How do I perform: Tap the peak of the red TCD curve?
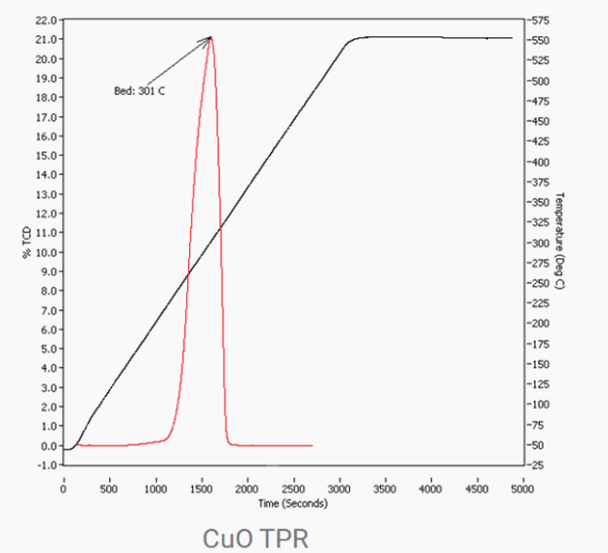[x=209, y=38]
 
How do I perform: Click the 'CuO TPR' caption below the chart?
[x=255, y=537]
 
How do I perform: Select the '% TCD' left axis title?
[x=27, y=241]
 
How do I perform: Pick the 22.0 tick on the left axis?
[x=45, y=20]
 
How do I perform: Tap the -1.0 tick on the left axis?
[x=45, y=465]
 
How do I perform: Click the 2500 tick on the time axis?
[x=294, y=491]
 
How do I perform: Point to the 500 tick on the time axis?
[x=109, y=491]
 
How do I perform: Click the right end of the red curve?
[x=312, y=445]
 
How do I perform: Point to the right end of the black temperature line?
[x=512, y=38]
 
